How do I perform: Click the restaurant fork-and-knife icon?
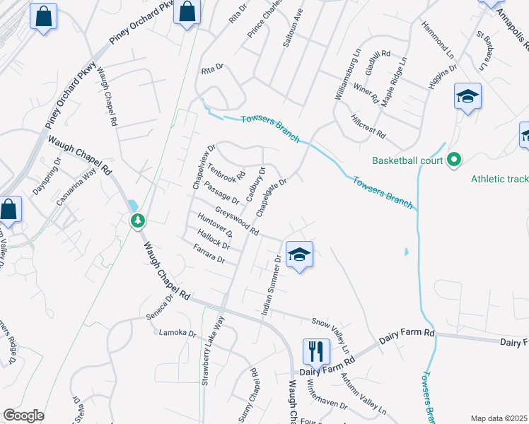pyautogui.click(x=315, y=351)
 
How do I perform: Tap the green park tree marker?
pyautogui.click(x=138, y=220)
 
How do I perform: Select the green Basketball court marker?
pyautogui.click(x=454, y=160)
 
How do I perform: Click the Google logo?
pyautogui.click(x=23, y=416)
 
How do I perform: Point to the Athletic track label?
pyautogui.click(x=499, y=179)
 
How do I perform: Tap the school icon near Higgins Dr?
pyautogui.click(x=467, y=96)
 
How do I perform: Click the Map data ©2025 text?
pyautogui.click(x=499, y=418)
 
